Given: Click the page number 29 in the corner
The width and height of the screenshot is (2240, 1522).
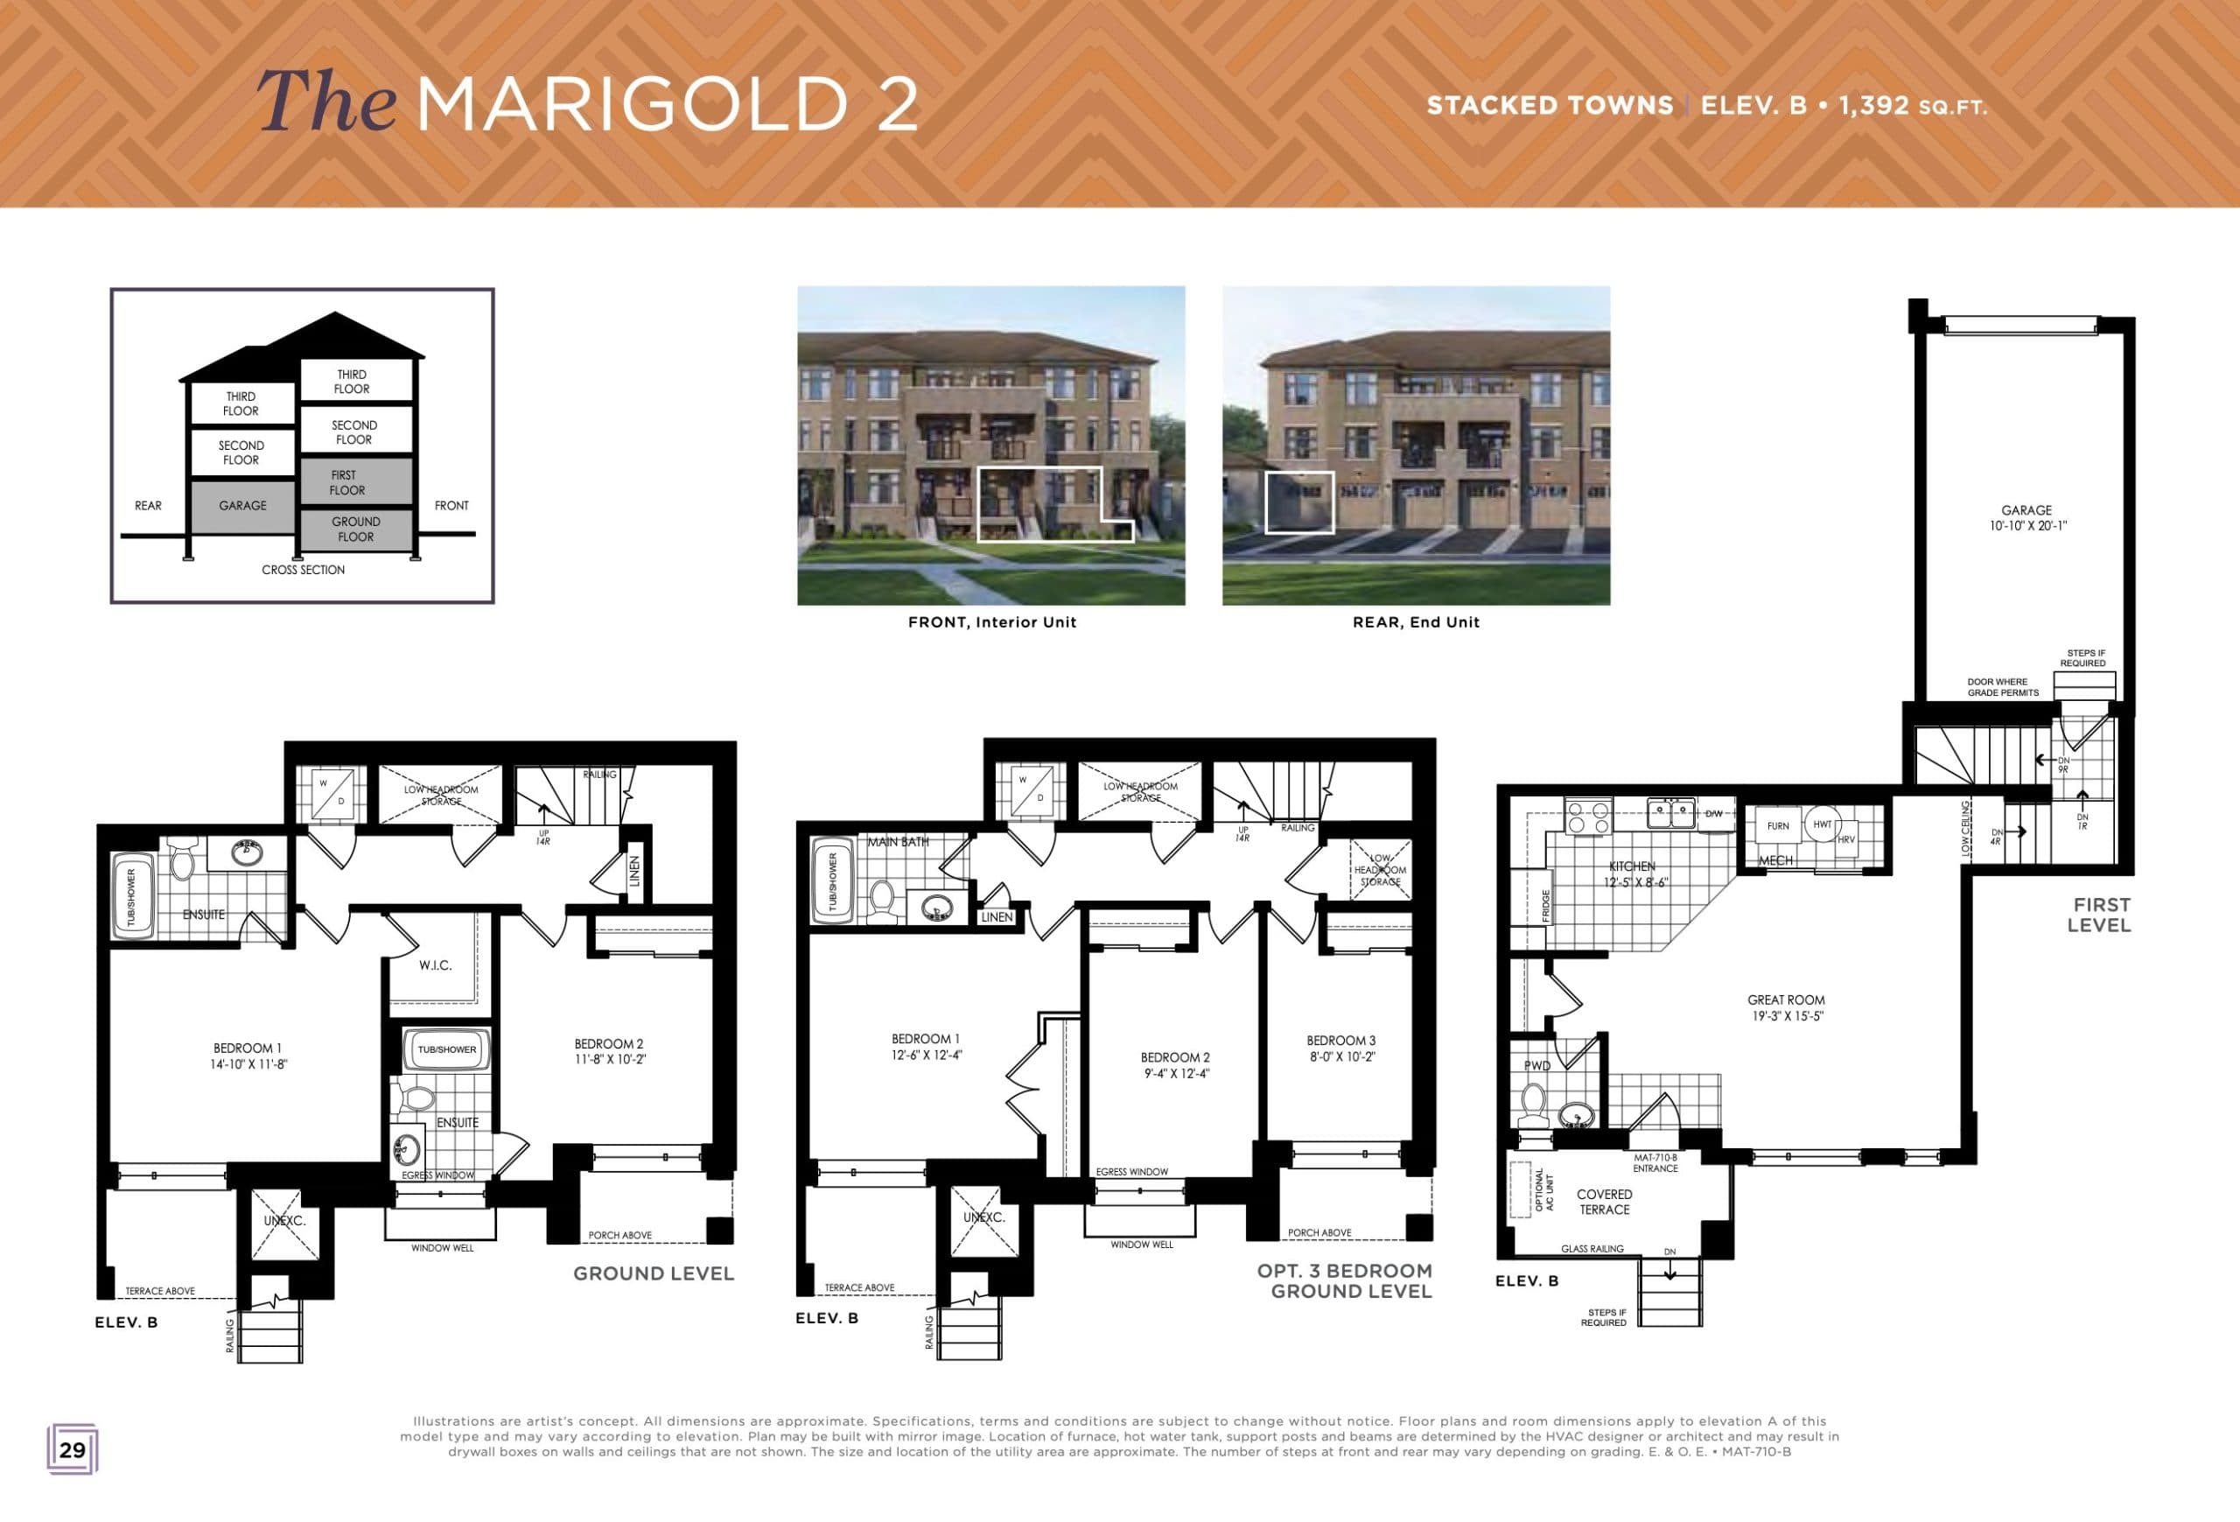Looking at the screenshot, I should tap(73, 1449).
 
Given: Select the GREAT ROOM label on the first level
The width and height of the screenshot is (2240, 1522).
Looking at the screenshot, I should tap(1786, 1007).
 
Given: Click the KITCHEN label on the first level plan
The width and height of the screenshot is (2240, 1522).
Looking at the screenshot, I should tap(1633, 873).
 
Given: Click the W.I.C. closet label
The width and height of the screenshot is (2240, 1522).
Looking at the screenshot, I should tap(435, 964).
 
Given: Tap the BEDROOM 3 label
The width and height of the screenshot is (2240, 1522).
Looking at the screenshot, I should tap(1340, 1048).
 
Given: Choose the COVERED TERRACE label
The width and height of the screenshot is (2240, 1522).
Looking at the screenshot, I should tap(1604, 1201).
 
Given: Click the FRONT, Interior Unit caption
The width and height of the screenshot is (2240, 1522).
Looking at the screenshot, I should tap(991, 622).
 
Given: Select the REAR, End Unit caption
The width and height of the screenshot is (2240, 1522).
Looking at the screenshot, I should tap(1416, 622).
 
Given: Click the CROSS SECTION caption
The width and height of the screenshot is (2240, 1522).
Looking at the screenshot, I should tap(303, 570).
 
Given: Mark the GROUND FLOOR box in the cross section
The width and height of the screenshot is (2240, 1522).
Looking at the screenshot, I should tap(355, 530).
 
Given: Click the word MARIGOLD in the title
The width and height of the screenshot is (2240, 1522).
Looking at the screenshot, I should tap(632, 103).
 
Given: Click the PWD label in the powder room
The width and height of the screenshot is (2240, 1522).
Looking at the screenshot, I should tap(1536, 1065).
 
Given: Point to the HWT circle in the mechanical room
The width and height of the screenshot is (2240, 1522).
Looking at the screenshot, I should tap(1822, 825).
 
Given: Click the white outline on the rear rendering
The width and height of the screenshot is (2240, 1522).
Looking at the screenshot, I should tap(1299, 502).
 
